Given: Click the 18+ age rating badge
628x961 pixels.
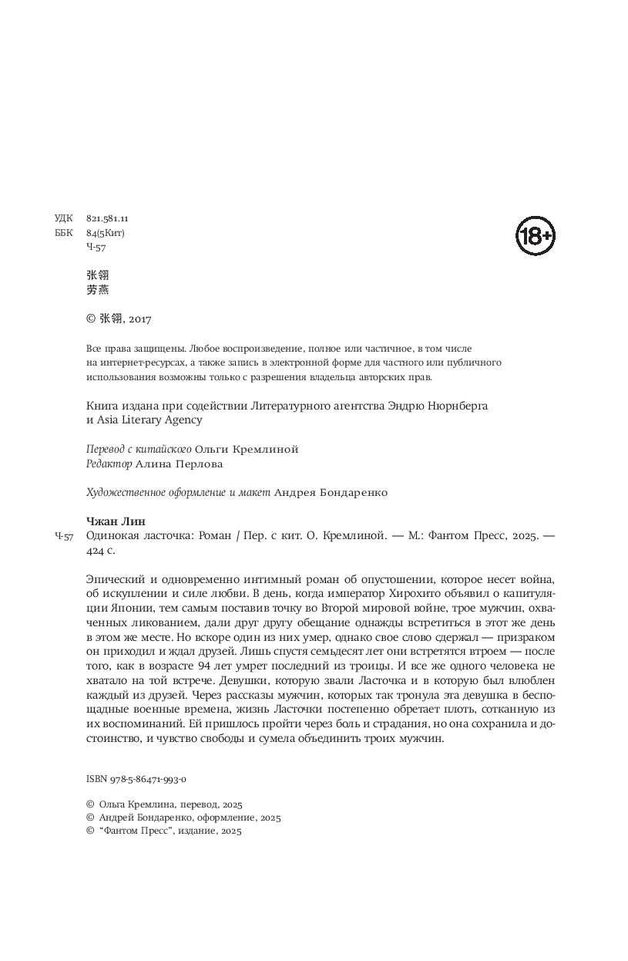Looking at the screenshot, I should point(535,237).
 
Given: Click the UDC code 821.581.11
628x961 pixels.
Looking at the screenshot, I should point(107,219).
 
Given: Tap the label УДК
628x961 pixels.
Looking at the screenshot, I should point(64,219).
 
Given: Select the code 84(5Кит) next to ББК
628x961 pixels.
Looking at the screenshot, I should point(106,233).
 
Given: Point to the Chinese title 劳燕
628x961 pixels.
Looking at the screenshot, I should point(98,290).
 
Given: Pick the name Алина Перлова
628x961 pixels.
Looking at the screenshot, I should point(179,464).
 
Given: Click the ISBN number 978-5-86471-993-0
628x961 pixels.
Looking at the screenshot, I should point(143,780).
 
